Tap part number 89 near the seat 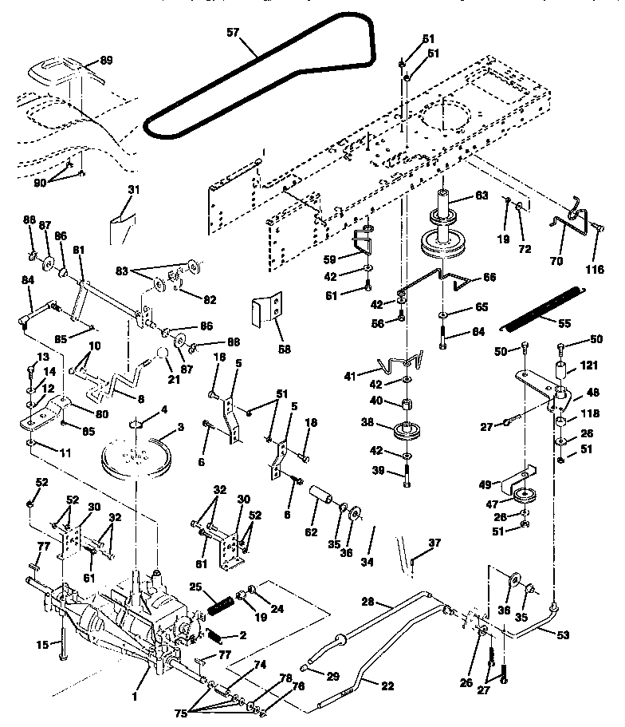pyautogui.click(x=106, y=60)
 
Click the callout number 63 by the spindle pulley pyautogui.click(x=482, y=195)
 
